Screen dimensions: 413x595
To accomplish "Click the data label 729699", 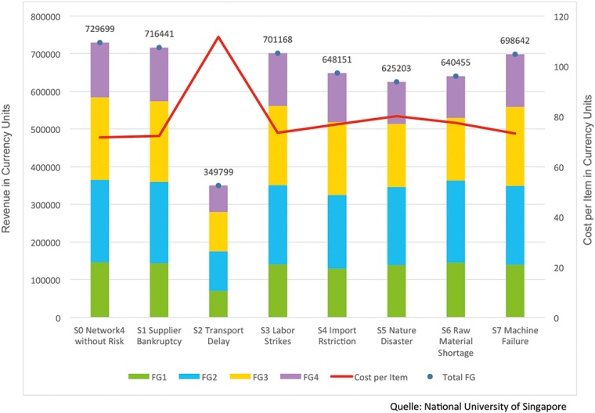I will click(99, 28).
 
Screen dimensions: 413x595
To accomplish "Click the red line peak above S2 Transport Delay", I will click(218, 37).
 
